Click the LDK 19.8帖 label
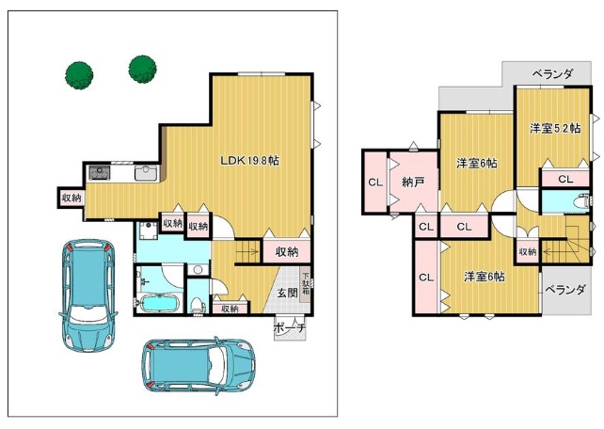(249, 160)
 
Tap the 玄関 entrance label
(288, 294)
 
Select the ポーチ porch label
(290, 328)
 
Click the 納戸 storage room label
(413, 182)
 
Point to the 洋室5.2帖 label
(555, 128)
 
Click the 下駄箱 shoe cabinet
(306, 284)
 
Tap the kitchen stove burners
(100, 172)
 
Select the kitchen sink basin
(146, 173)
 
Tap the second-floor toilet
(580, 201)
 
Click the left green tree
(79, 75)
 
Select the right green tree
(143, 70)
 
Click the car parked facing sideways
(199, 365)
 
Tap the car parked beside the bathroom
(88, 295)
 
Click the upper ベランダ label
(553, 74)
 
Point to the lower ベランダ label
(565, 289)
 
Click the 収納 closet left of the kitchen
(72, 198)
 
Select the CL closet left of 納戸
(375, 183)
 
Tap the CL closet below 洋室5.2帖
(565, 179)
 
